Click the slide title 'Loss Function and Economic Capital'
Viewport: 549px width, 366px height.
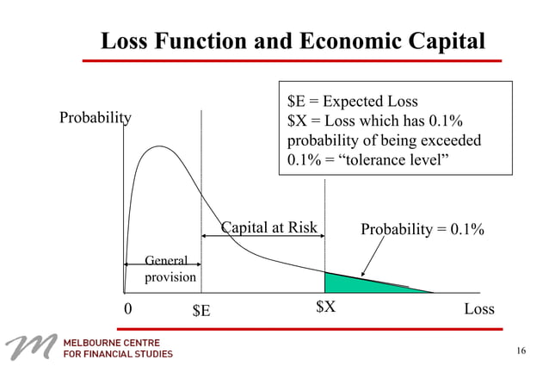tap(293, 40)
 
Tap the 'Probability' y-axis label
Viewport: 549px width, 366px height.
tap(95, 118)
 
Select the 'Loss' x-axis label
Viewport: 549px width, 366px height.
tap(479, 308)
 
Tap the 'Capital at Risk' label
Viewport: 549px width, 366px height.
tap(269, 228)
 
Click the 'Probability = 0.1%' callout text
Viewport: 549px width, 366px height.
tap(422, 229)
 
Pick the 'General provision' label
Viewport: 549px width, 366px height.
tap(170, 269)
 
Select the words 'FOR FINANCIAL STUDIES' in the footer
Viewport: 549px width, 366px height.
tap(119, 354)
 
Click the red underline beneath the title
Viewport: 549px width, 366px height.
tap(292, 61)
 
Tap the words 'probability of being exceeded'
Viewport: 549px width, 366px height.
tap(383, 140)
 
